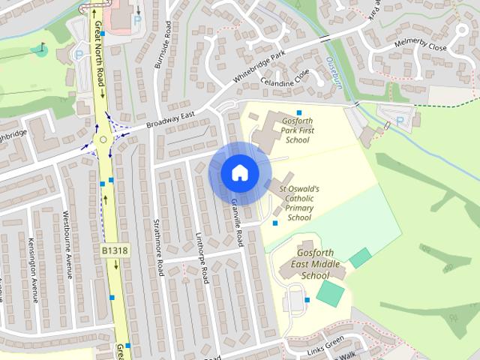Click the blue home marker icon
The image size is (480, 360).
click(x=240, y=173)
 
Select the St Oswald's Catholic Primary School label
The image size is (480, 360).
click(x=299, y=202)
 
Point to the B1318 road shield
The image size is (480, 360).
click(x=114, y=249)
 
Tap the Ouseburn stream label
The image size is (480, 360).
click(x=335, y=73)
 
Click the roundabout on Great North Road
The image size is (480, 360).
click(x=103, y=139)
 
